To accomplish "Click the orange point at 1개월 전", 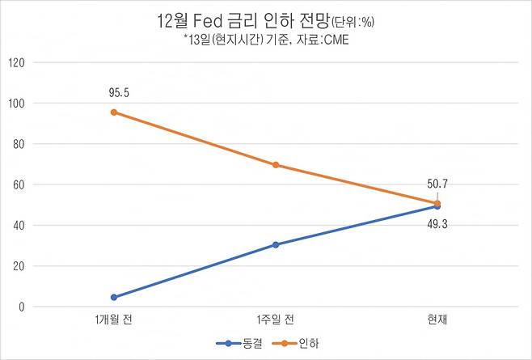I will [x=114, y=112].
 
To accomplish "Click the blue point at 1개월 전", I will [x=114, y=298].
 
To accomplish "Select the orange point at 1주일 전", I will [x=276, y=165].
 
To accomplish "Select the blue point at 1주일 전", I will [x=276, y=244].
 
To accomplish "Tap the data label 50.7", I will [x=437, y=184].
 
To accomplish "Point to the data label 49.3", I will [x=437, y=223].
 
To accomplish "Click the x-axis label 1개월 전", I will [x=114, y=320].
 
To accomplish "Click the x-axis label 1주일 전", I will [x=276, y=320].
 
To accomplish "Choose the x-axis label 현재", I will [x=437, y=320].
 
